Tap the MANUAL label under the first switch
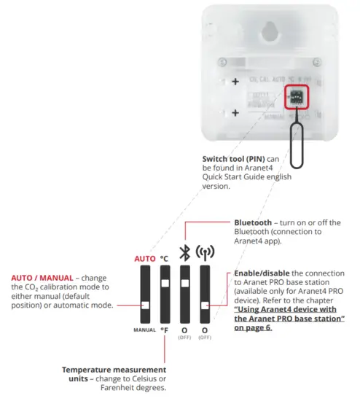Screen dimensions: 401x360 pyautogui.click(x=145, y=330)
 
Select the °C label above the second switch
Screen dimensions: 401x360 pyautogui.click(x=165, y=257)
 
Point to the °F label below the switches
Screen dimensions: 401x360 pyautogui.click(x=165, y=330)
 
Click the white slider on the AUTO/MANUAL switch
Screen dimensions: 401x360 pyautogui.click(x=146, y=305)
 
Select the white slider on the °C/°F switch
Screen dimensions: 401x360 pyautogui.click(x=165, y=283)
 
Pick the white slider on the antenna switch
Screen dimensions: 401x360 pyautogui.click(x=205, y=305)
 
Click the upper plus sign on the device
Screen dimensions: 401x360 pyautogui.click(x=235, y=82)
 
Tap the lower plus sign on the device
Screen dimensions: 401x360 pyautogui.click(x=235, y=113)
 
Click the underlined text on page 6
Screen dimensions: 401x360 pyautogui.click(x=287, y=319)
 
